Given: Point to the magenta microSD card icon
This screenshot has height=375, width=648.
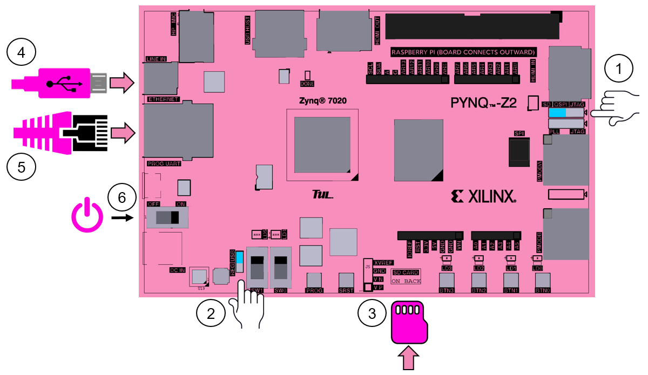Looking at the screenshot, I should [409, 322].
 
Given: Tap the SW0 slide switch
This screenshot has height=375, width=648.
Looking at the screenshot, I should [281, 267].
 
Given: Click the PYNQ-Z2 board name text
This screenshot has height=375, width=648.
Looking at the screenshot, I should [488, 103].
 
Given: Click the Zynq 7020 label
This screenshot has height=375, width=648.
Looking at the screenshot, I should [322, 100].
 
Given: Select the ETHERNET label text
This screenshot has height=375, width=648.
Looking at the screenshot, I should [163, 99].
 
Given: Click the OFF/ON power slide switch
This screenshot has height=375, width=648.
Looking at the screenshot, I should [167, 218].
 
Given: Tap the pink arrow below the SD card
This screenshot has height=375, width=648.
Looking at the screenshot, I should [409, 358].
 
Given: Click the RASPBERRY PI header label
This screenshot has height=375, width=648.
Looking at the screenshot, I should [463, 52].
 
